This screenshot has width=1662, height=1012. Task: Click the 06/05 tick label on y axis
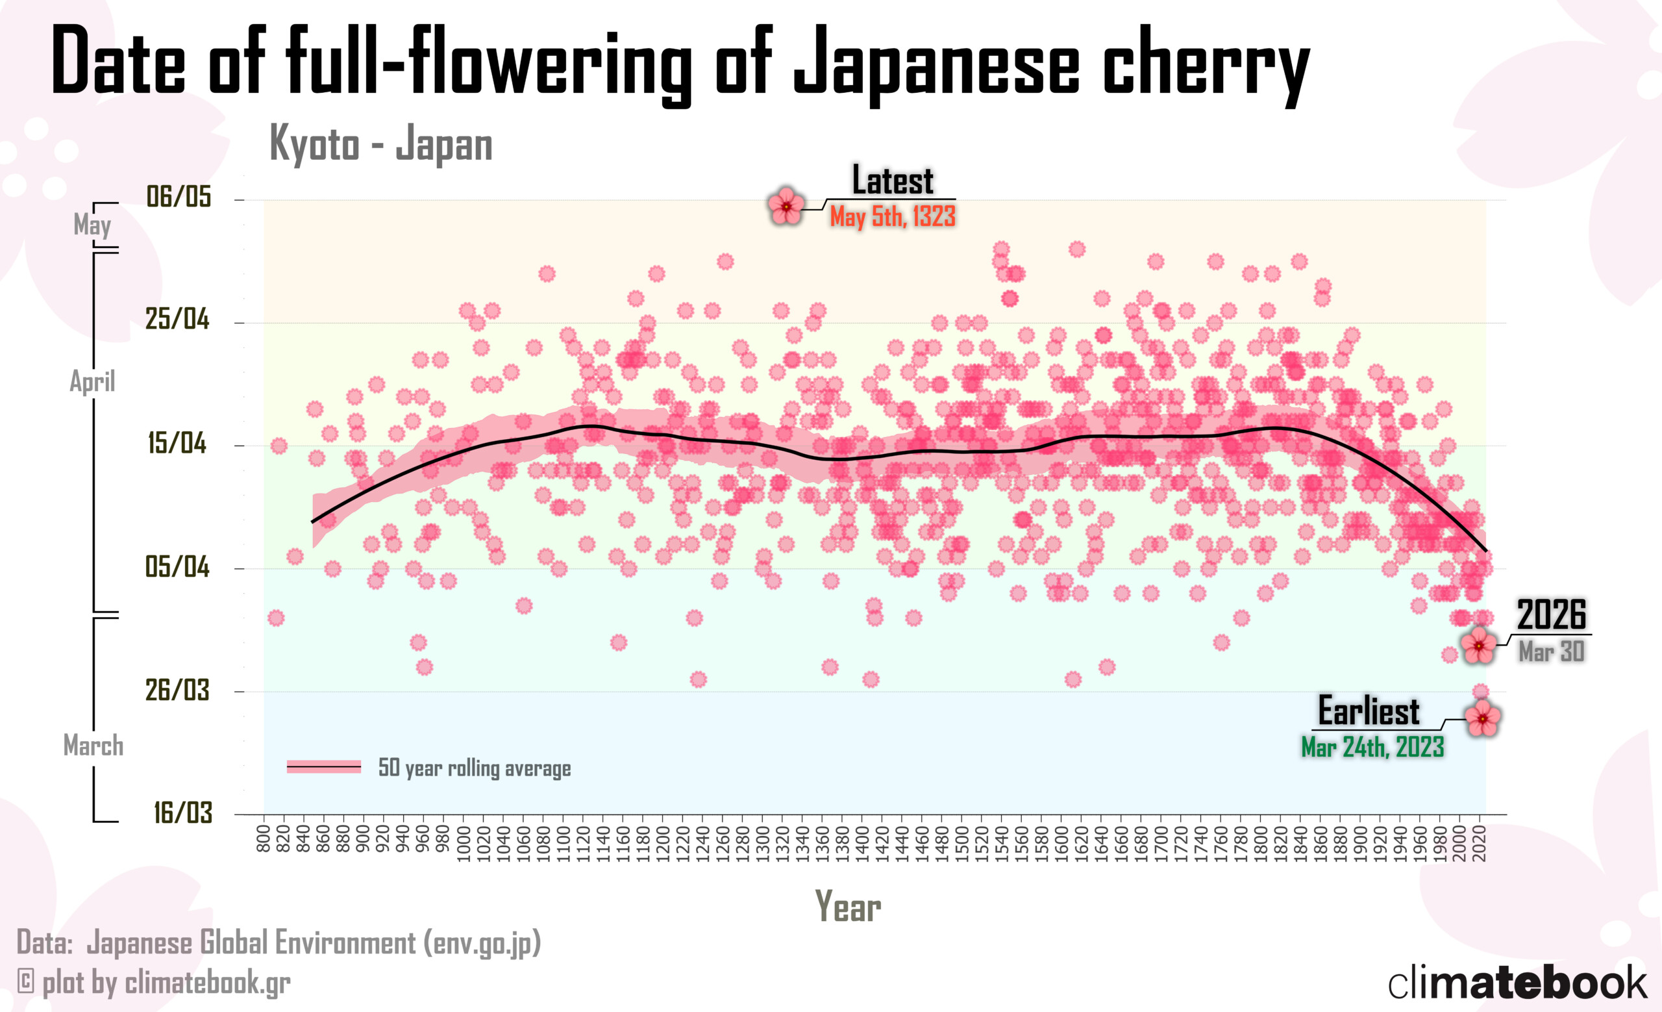point(179,196)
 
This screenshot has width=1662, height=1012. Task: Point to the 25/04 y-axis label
point(177,318)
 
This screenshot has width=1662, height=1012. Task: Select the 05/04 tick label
point(177,566)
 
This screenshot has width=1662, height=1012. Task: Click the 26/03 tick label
point(177,690)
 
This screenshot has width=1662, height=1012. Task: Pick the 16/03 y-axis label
point(183,813)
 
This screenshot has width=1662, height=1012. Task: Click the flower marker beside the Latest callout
point(786,206)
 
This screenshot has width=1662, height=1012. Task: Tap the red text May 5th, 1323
point(893,216)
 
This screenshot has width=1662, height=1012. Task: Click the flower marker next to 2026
point(1478,646)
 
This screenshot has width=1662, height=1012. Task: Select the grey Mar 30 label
point(1552,651)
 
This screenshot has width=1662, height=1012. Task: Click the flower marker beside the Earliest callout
point(1482,718)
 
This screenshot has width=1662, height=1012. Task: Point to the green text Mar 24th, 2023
point(1372,747)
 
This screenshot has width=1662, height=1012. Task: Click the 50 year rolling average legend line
point(324,767)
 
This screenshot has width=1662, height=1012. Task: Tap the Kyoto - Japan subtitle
point(381,144)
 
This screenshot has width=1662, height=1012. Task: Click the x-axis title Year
point(848,906)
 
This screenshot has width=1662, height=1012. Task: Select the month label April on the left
point(92,381)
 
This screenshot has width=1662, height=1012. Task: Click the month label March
point(93,746)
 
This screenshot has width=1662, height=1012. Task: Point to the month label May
point(92,225)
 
